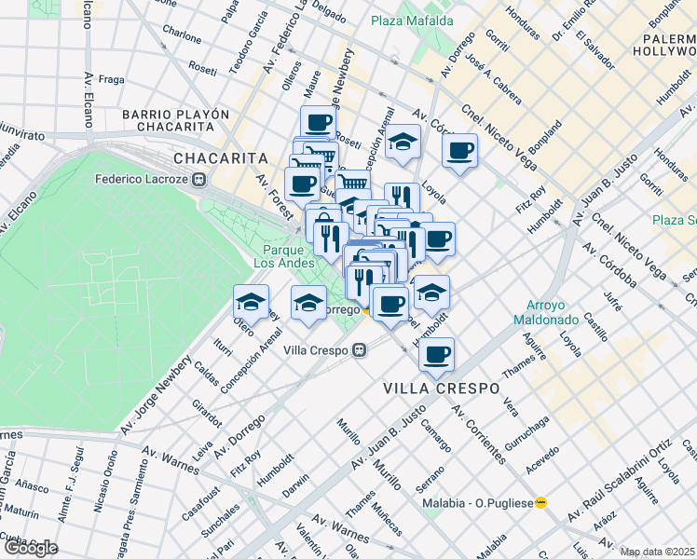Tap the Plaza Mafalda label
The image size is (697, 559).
coord(412,20)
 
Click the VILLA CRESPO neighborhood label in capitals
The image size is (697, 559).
coord(442,388)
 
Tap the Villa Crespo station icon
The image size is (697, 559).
coord(359,350)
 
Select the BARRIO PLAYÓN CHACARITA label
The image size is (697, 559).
coord(175,121)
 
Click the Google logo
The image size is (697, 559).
coord(30,547)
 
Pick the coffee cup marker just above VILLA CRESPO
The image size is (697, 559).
coord(435,353)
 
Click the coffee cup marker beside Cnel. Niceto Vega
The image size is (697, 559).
coord(458,150)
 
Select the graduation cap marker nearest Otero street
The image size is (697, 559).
coord(252,301)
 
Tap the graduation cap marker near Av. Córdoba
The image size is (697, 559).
coord(402,142)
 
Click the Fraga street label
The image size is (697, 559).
coord(111,80)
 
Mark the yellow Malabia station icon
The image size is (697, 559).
coord(541,502)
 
